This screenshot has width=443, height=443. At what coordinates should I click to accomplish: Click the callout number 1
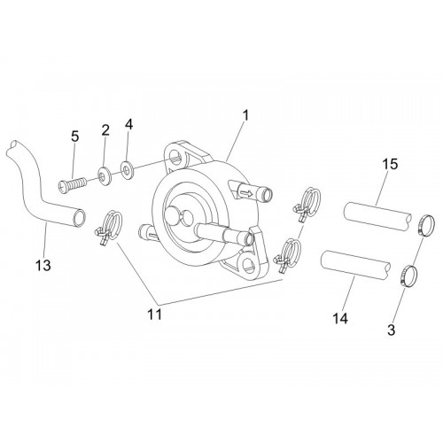click(246, 116)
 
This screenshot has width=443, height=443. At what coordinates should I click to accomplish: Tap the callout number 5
click(75, 136)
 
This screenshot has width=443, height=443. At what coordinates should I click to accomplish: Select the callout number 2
click(105, 130)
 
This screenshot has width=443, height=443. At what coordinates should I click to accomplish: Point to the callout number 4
click(128, 124)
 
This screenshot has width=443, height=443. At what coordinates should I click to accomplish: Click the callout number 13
click(43, 265)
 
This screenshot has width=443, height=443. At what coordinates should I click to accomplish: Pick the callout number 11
click(155, 315)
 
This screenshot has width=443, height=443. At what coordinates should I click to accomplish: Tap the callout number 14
click(340, 318)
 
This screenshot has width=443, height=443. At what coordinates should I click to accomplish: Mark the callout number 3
click(392, 330)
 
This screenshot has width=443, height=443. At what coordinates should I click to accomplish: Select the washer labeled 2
click(105, 176)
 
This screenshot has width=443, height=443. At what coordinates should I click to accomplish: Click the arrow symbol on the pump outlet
click(245, 194)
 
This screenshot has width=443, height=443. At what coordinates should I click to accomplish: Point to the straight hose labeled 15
click(377, 216)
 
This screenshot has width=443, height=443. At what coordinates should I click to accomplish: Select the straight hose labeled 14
click(356, 265)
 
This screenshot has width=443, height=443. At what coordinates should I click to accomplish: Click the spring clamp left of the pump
click(108, 228)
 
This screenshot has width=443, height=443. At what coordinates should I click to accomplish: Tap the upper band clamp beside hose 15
click(426, 226)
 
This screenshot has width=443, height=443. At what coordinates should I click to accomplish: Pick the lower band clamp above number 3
click(409, 275)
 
